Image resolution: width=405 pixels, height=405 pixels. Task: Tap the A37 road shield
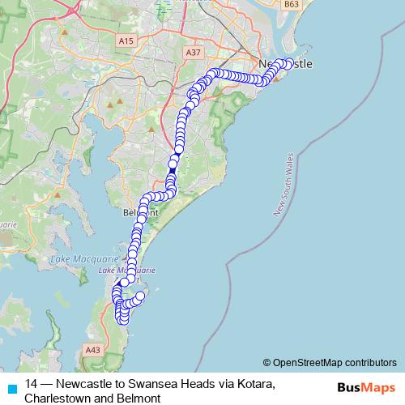pos(193,53)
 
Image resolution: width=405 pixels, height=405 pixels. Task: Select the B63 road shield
pos(292,5)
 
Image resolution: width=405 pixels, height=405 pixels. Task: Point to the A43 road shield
pos(92,350)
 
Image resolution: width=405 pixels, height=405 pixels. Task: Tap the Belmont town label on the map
pos(136,212)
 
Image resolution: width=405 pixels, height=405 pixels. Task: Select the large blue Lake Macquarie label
pos(78,258)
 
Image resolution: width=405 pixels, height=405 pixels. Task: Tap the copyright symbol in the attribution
pos(267,362)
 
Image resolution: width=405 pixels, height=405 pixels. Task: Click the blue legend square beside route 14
pos(11,388)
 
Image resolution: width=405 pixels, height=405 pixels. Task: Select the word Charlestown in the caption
pos(58,398)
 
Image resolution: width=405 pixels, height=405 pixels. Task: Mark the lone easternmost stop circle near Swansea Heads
pos(141,297)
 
